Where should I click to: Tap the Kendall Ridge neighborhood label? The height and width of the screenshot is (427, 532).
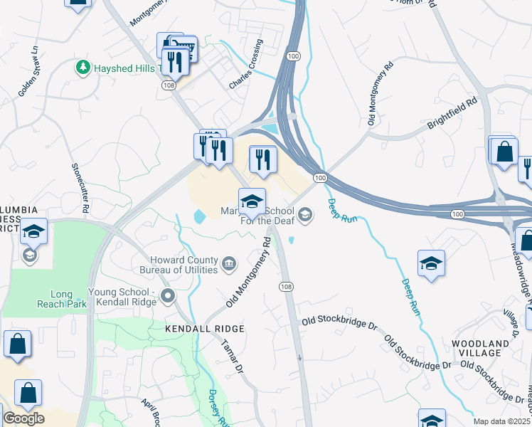click(205, 329)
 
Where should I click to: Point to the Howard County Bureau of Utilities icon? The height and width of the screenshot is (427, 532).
click(229, 265)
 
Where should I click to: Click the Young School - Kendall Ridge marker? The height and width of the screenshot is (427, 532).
click(168, 295)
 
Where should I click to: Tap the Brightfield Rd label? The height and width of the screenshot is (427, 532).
click(451, 114)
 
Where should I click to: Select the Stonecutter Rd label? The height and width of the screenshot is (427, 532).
click(79, 188)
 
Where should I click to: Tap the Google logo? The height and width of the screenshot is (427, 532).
click(23, 418)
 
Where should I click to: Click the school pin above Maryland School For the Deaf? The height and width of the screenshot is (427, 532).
click(252, 202)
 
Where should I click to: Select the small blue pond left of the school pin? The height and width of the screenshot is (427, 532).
click(198, 214)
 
